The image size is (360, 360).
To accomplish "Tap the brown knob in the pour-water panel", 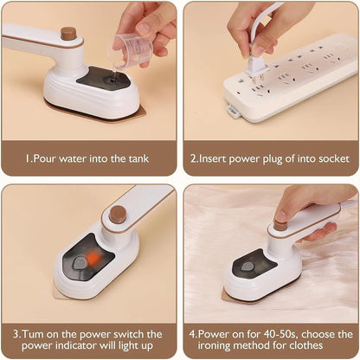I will click(x=68, y=34).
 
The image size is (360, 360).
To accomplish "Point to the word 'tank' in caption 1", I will click(x=137, y=158).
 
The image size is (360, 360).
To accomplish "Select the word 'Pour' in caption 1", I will click(x=47, y=158).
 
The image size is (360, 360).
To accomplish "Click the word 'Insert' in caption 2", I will click(x=219, y=158).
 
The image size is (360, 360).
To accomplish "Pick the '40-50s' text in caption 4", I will click(x=268, y=334).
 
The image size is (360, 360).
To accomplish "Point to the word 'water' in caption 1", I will click(x=80, y=158).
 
